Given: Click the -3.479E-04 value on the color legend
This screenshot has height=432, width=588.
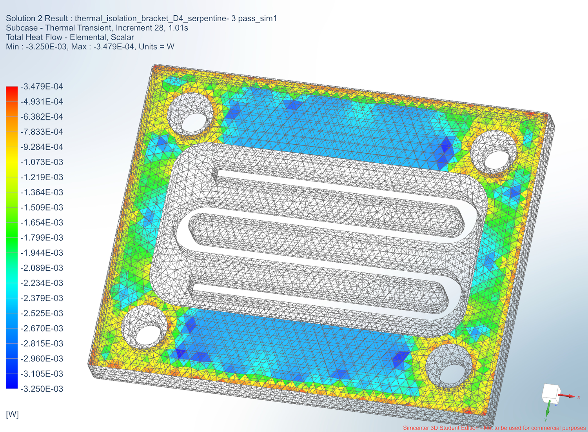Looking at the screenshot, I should click(x=42, y=87).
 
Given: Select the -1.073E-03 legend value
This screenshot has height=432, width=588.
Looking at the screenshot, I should click(x=42, y=162).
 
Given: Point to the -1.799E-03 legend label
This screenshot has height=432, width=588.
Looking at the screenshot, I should click(x=42, y=238).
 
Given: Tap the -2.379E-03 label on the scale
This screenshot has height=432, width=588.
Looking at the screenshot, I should click(x=42, y=298).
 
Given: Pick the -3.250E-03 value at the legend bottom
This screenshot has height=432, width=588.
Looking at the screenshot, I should click(x=42, y=389).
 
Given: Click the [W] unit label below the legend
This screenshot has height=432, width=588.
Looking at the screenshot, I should click(x=12, y=414).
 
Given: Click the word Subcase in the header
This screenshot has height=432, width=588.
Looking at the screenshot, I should click(x=22, y=28).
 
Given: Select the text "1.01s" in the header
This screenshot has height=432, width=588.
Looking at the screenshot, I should click(x=178, y=28).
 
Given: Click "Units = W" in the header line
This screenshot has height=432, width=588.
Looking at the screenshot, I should click(x=156, y=47).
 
